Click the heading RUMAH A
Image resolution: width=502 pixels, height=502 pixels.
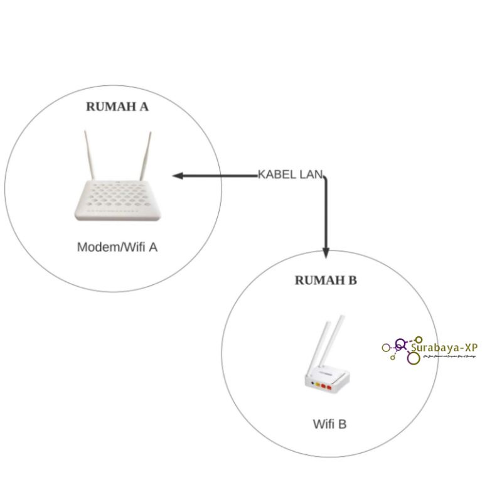pyautogui.click(x=117, y=107)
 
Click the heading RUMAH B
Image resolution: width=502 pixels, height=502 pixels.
pyautogui.click(x=326, y=280)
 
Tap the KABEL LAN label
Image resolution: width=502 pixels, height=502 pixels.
pyautogui.click(x=291, y=174)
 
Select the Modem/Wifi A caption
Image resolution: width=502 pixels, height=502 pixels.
pyautogui.click(x=117, y=247)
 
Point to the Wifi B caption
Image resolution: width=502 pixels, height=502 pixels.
pyautogui.click(x=329, y=424)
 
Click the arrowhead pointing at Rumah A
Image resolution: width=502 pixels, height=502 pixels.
pyautogui.click(x=177, y=176)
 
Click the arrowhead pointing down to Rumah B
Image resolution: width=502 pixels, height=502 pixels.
pyautogui.click(x=326, y=252)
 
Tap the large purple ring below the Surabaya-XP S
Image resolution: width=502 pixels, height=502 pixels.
pyautogui.click(x=413, y=358)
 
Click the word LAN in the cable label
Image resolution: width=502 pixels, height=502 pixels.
pyautogui.click(x=311, y=174)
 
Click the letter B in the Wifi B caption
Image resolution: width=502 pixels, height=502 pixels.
pyautogui.click(x=342, y=424)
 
